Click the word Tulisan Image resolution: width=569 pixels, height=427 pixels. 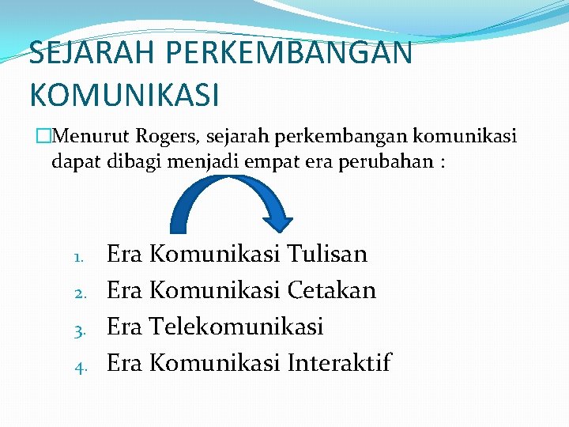(x=327, y=255)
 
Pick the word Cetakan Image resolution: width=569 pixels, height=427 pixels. (x=331, y=290)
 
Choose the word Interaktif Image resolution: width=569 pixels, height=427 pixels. (x=339, y=363)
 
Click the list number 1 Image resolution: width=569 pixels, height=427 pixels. (x=77, y=257)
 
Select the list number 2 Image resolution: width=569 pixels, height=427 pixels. (x=79, y=293)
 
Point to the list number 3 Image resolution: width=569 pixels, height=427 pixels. (x=79, y=329)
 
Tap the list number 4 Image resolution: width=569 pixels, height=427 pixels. (x=79, y=365)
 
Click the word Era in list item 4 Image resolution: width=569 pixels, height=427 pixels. (x=123, y=363)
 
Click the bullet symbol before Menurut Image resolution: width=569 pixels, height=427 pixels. (x=42, y=138)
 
